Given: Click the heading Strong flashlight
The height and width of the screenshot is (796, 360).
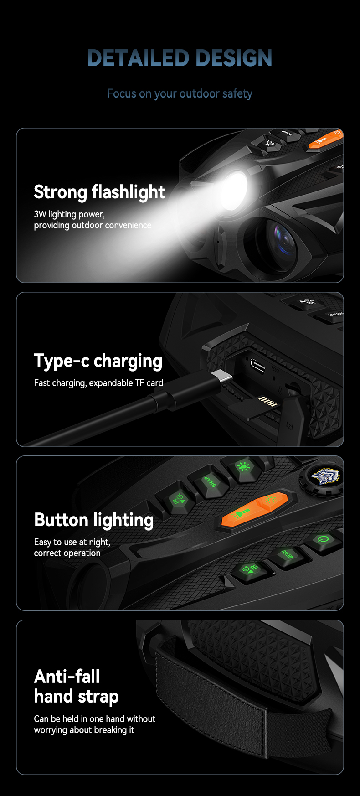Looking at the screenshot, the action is pos(99,192).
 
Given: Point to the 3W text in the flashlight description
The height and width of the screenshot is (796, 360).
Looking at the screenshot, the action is pos(40,214).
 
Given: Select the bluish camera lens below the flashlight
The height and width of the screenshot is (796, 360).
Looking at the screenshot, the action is pos(283,237).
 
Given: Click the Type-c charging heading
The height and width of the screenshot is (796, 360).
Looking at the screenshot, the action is pos(98,361).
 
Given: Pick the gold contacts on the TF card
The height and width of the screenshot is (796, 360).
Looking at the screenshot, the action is pos(267,401).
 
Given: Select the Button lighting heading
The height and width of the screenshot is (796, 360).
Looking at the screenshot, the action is pos(94,520).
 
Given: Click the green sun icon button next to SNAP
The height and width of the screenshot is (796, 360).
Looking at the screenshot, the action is pos(243,467).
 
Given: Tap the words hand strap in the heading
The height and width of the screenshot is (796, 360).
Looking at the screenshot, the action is pos(77,697).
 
